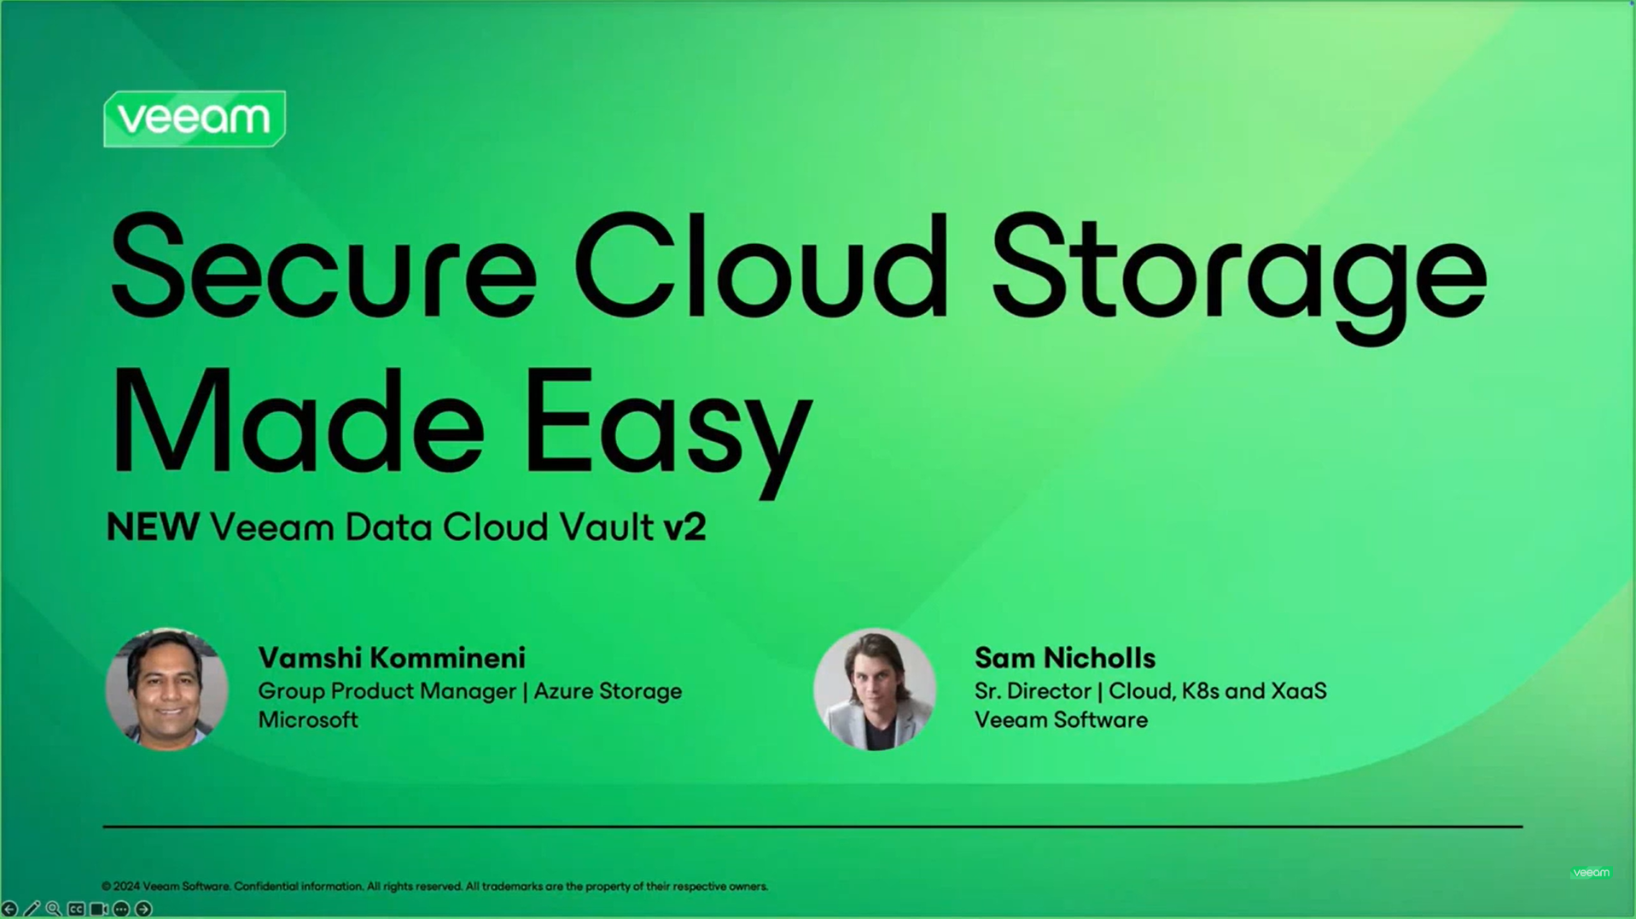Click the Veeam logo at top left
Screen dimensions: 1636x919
(195, 119)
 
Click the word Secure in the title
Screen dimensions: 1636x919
(323, 266)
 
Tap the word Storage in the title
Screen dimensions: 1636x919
(1239, 278)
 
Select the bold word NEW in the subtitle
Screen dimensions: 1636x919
(153, 527)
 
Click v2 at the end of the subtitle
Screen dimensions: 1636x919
(684, 527)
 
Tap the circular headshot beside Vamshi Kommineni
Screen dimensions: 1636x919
(166, 689)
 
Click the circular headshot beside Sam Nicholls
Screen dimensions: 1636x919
(875, 689)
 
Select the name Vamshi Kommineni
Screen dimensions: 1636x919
(392, 658)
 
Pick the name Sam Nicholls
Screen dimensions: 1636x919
(1065, 658)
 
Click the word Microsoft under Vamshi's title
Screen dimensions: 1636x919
(308, 720)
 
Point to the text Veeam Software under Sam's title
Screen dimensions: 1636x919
(1061, 720)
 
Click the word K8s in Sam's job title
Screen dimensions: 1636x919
(1200, 691)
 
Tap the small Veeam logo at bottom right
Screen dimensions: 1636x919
(1591, 872)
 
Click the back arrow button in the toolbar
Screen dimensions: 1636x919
(9, 910)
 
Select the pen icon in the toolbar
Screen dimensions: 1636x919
(32, 910)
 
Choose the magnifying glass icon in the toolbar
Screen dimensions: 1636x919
(54, 910)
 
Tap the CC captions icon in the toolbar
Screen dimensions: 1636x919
(76, 910)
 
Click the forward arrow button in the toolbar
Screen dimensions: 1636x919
(143, 910)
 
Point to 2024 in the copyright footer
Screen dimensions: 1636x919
(126, 887)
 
